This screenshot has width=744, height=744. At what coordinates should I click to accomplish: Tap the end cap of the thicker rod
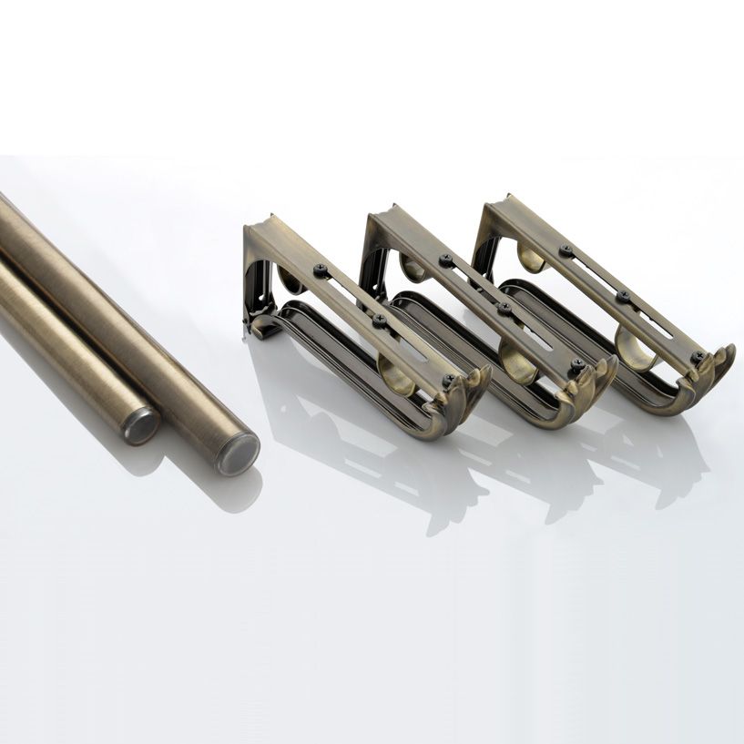(x=237, y=452)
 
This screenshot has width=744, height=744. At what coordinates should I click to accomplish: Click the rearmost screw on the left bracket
(x=321, y=270)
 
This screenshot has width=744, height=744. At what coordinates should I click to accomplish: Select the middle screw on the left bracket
(x=380, y=321)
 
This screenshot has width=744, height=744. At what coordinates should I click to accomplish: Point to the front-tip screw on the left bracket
(x=449, y=381)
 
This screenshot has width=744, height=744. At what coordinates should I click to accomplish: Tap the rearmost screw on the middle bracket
(x=446, y=261)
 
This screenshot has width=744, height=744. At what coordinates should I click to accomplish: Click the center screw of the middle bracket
(x=504, y=309)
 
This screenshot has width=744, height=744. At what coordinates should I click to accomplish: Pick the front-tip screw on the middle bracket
(x=576, y=365)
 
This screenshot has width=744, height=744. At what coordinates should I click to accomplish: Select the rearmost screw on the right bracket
(x=566, y=250)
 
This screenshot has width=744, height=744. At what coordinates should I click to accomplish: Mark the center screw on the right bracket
(x=624, y=296)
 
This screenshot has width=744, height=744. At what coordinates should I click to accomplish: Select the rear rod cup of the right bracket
(x=530, y=257)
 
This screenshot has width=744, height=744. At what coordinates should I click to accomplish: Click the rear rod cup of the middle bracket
(x=412, y=268)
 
